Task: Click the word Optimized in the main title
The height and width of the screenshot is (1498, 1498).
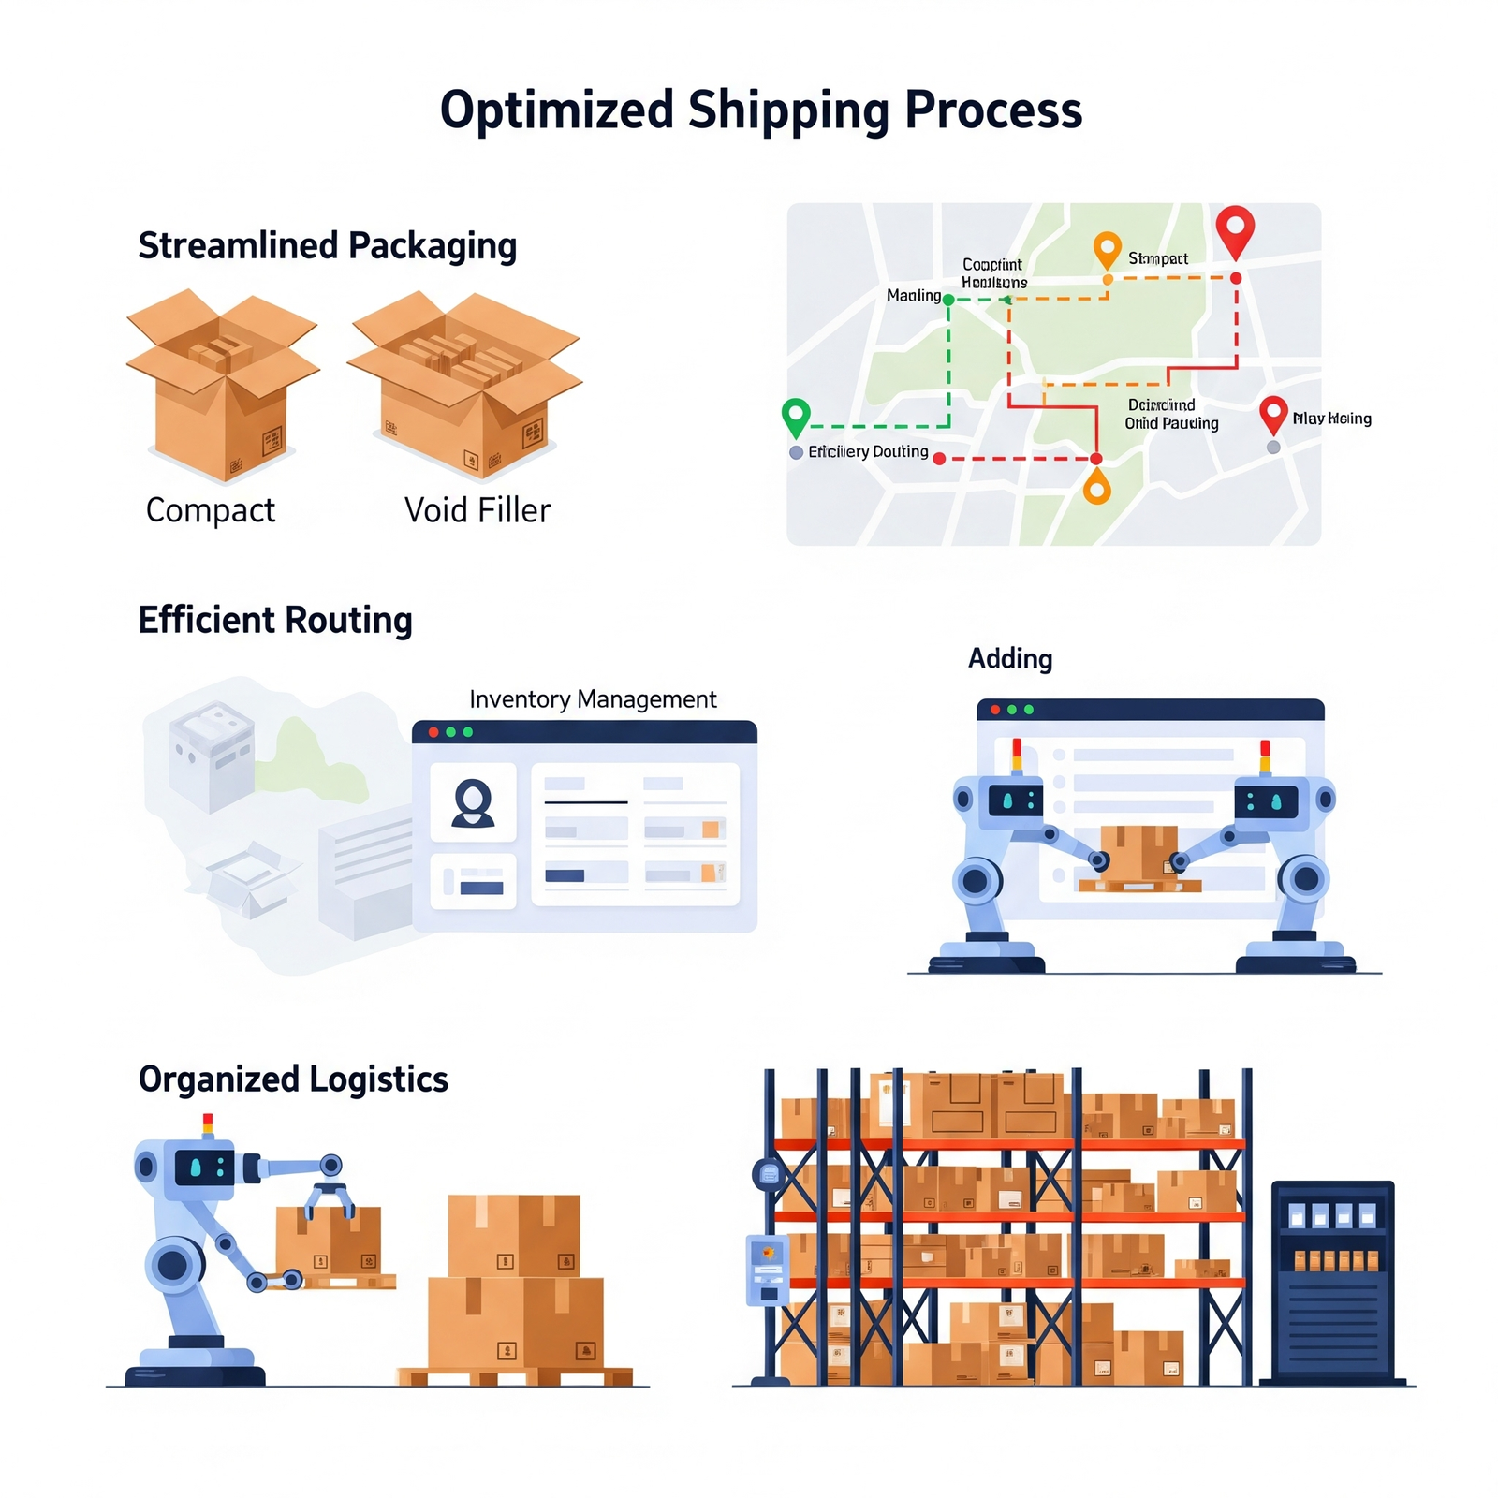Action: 556,110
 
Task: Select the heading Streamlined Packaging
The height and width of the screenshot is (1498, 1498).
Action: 327,245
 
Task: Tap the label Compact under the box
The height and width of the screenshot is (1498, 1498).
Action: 211,510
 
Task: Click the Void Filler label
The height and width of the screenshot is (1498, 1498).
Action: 477,510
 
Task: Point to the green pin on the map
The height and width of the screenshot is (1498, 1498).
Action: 796,415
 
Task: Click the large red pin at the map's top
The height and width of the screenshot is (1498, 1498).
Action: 1235,228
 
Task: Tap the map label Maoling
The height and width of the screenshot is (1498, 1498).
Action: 913,296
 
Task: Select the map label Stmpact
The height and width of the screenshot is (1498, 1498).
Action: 1158,258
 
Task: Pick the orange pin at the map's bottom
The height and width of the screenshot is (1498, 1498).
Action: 1096,487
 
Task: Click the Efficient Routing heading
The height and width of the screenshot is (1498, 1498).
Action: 275,620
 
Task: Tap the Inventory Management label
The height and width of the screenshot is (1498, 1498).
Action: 593,699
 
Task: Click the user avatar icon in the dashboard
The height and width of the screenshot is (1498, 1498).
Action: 473,803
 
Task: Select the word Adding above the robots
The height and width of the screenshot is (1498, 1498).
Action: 1010,658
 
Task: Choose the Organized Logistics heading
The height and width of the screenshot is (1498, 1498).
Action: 293,1079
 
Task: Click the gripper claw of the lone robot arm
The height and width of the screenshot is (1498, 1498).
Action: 329,1198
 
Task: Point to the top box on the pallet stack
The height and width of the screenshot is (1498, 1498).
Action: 513,1235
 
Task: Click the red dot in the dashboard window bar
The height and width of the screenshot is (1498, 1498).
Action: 433,732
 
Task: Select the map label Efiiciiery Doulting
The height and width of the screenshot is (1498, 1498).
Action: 868,451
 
